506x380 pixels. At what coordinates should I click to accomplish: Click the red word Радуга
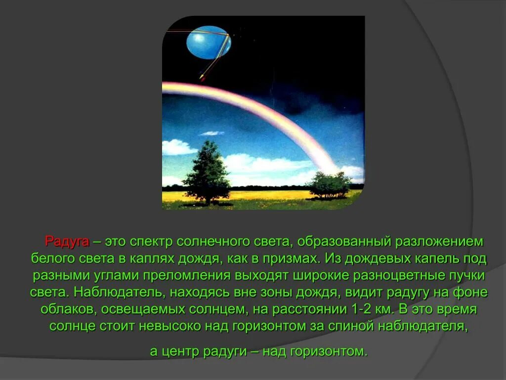tap(67, 242)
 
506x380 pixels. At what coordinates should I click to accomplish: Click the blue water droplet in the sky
tap(209, 42)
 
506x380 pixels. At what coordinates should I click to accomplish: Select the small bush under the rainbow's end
tap(328, 185)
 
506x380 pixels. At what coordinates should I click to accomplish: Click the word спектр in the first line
tap(152, 242)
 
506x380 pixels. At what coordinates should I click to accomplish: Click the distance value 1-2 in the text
tap(349, 309)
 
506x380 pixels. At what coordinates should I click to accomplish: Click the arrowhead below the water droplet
tap(202, 77)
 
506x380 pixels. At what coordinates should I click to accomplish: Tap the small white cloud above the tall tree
tap(212, 133)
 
